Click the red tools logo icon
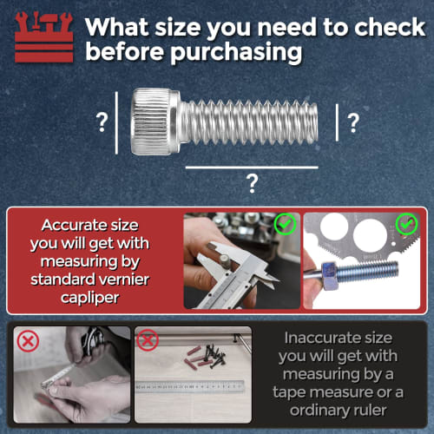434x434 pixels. click(x=39, y=38)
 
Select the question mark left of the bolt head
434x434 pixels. click(x=102, y=122)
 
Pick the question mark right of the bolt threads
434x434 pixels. click(x=353, y=122)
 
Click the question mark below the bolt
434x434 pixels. click(x=253, y=183)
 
